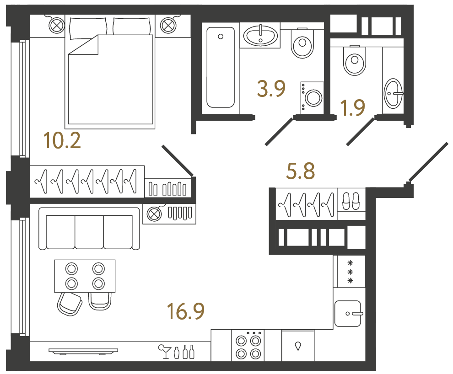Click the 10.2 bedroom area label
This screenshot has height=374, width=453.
coord(62,140)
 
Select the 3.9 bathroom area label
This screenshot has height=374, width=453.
coord(271,89)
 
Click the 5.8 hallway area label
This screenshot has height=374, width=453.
coord(300,172)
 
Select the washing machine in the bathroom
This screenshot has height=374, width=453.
coord(312,97)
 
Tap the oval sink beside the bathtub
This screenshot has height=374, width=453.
coord(260,36)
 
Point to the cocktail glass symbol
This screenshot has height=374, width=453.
coord(163,352)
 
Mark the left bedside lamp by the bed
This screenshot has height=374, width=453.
coord(56,25)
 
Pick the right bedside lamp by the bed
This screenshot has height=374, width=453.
coord(167,25)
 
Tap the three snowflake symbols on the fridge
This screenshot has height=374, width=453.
coord(351,272)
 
